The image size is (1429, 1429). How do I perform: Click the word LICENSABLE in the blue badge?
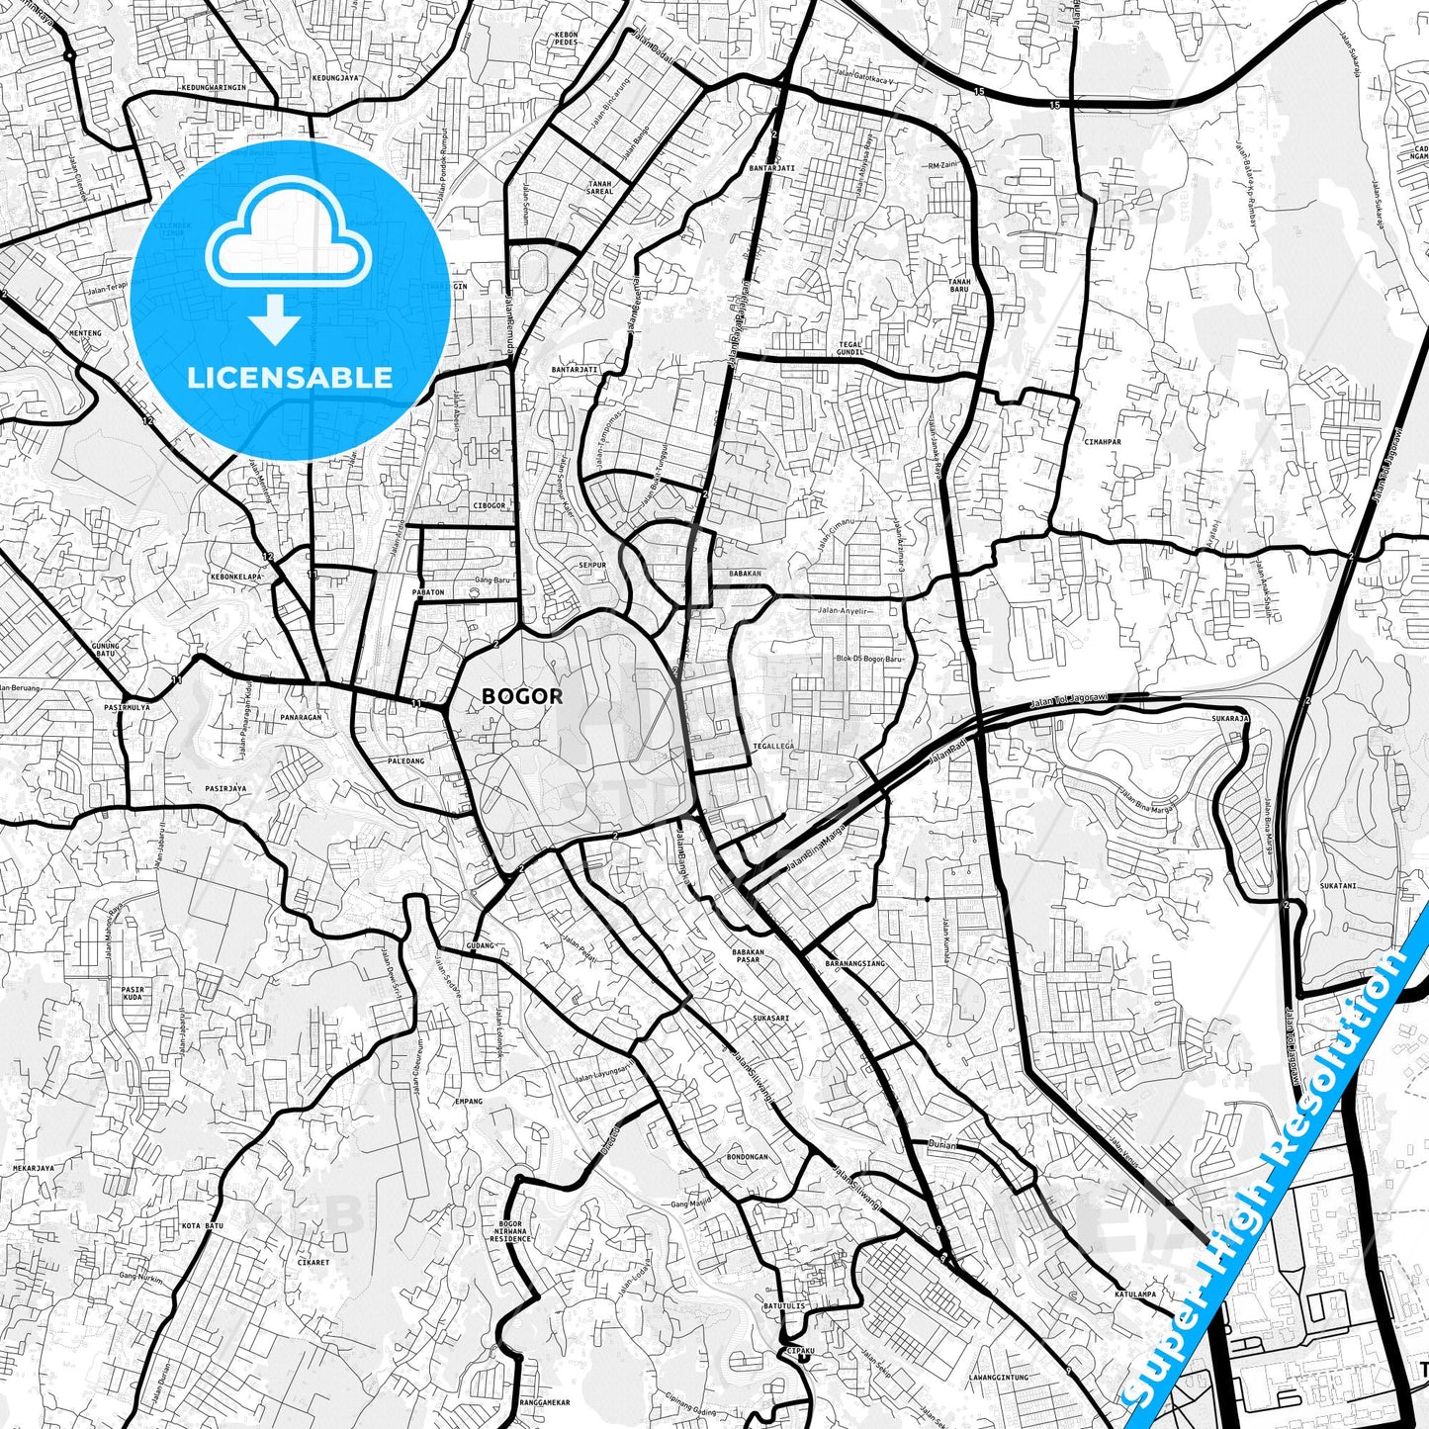click(x=290, y=377)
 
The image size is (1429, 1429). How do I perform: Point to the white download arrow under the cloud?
click(x=275, y=320)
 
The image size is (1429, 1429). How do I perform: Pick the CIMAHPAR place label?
click(x=1102, y=442)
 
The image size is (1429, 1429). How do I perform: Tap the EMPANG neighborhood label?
click(x=468, y=1101)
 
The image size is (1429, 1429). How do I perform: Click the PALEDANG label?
click(x=405, y=760)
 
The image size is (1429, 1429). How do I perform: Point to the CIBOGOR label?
click(x=489, y=505)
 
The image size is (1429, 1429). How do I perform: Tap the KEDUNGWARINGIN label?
click(x=214, y=87)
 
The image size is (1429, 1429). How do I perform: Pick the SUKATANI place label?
click(x=1337, y=886)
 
